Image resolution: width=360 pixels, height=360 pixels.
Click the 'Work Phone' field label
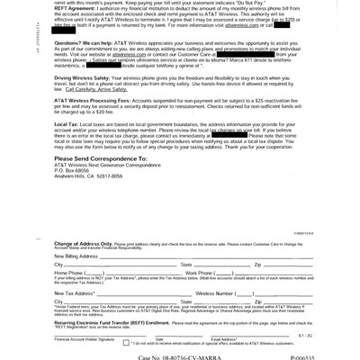tap(199, 273)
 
